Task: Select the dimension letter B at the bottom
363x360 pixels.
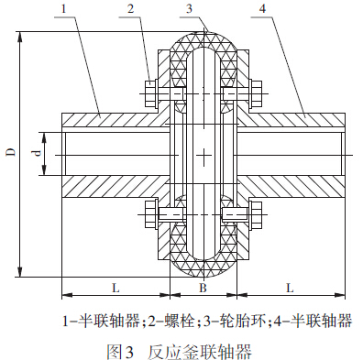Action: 203,288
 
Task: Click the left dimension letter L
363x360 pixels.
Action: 115,288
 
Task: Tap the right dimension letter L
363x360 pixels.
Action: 290,288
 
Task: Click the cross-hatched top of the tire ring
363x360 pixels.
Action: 203,34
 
